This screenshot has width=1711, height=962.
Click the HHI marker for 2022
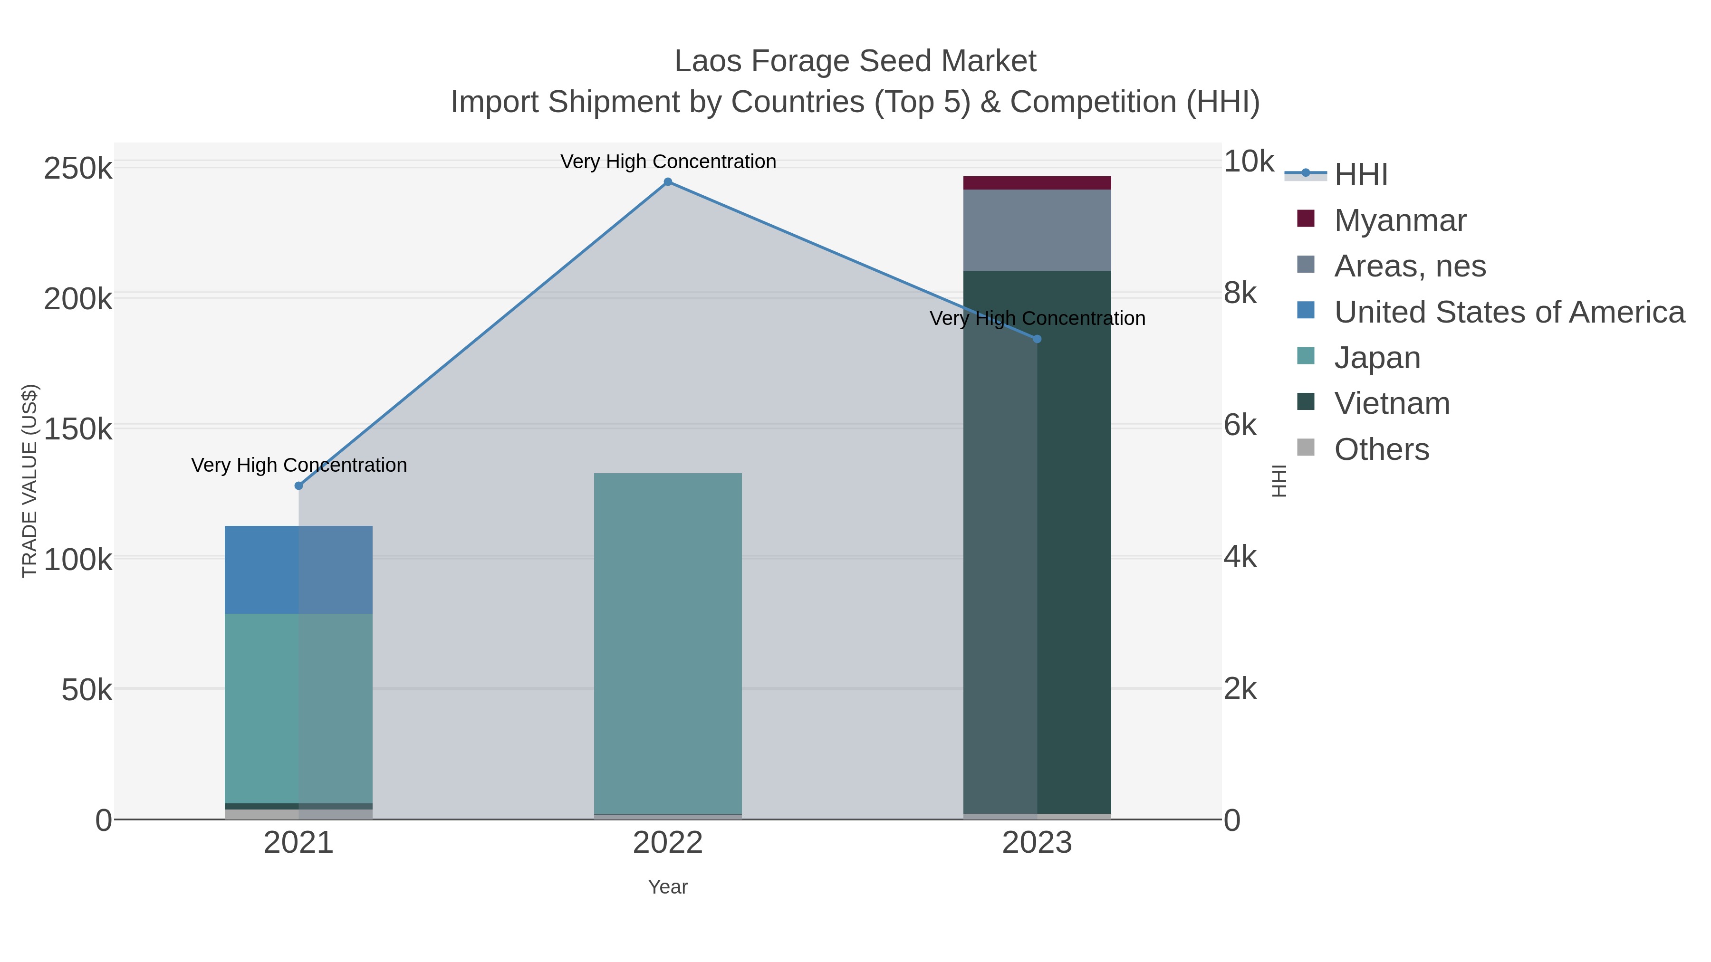click(x=668, y=182)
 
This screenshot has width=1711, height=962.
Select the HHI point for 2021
click(x=299, y=486)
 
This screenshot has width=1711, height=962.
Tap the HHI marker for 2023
click(x=1037, y=339)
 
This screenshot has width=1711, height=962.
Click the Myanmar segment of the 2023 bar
click(x=1037, y=183)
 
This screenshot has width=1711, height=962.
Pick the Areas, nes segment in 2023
click(x=1037, y=230)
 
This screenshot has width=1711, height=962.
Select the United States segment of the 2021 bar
click(x=299, y=570)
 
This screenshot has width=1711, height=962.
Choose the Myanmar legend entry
click(x=1400, y=220)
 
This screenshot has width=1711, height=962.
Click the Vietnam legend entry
click(x=1392, y=404)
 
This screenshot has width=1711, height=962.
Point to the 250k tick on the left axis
click(x=78, y=169)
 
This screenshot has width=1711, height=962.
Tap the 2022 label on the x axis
click(x=668, y=844)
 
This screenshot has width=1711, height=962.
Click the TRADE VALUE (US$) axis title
click(x=30, y=481)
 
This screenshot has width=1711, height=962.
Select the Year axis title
click(x=668, y=887)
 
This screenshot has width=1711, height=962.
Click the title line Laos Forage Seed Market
click(x=855, y=61)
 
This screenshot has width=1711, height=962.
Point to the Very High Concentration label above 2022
click(x=668, y=162)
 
